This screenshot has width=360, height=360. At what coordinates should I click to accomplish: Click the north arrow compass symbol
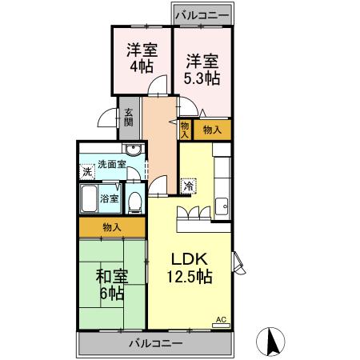tap(272, 342)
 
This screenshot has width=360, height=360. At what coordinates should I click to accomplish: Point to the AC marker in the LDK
tap(222, 320)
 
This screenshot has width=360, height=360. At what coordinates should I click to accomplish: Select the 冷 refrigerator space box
tap(189, 186)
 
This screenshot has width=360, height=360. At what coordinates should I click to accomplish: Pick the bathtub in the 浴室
tap(89, 198)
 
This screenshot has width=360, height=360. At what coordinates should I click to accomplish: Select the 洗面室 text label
tap(113, 165)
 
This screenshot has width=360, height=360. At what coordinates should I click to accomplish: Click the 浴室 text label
tap(110, 198)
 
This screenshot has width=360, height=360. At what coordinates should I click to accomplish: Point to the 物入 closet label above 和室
tap(112, 227)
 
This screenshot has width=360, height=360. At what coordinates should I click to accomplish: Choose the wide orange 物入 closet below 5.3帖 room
tap(212, 129)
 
